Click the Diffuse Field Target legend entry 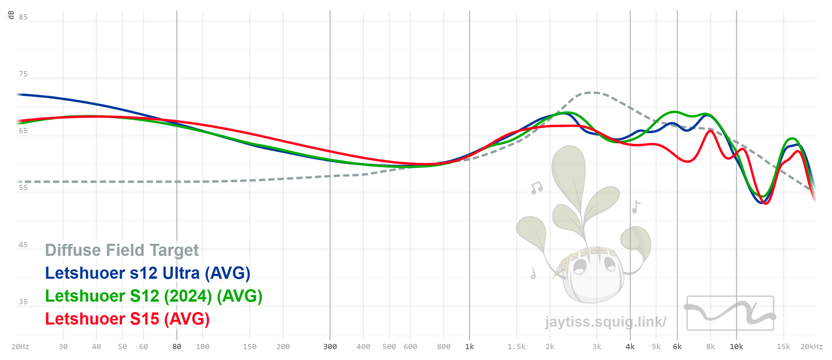point(122,250)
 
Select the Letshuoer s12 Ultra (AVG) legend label point(147,273)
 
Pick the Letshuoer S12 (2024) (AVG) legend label point(154,296)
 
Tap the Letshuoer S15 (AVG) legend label point(127,319)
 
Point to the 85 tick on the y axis point(23,17)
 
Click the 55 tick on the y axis point(23,188)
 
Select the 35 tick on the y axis point(23,301)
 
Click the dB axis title point(11,15)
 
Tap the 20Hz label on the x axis point(20,347)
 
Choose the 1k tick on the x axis point(470,347)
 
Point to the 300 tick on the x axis point(330,347)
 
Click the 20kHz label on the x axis point(811,347)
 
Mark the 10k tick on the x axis point(736,347)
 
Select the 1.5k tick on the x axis point(516,347)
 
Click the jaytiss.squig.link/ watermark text point(605,322)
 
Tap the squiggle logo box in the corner point(730,313)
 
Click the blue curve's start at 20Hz point(17,94)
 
